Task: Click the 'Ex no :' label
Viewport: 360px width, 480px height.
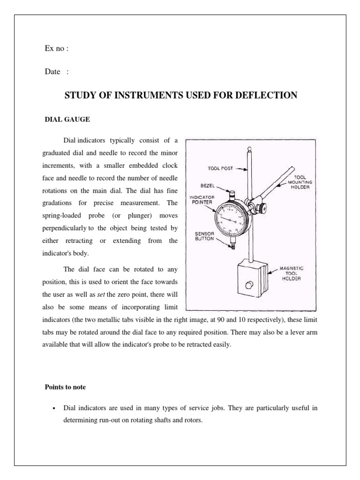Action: [x=57, y=48]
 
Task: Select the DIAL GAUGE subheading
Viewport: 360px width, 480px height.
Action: [x=67, y=120]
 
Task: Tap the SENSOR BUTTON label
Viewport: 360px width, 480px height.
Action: [x=204, y=236]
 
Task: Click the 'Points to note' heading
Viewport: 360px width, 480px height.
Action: [x=65, y=388]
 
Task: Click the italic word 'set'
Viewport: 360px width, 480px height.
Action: [x=101, y=295]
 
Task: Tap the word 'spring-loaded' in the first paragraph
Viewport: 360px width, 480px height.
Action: [x=65, y=217]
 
